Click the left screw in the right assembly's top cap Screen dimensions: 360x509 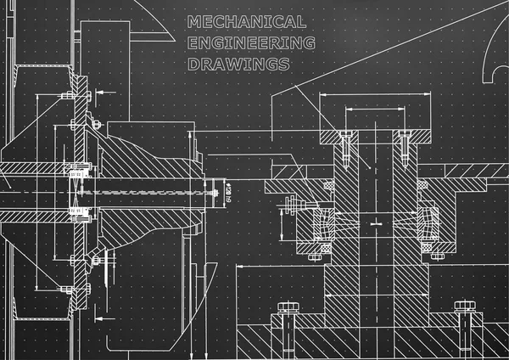pos(345,145)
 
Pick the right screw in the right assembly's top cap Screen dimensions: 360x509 pos(406,145)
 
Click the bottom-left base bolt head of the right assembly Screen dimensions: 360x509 pos(284,307)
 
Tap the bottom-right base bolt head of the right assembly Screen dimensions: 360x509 pos(463,307)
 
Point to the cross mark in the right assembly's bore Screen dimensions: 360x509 pos(374,222)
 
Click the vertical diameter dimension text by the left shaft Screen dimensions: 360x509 pos(228,194)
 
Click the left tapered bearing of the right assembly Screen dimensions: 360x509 pos(323,223)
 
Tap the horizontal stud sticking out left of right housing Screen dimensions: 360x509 pos(293,203)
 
